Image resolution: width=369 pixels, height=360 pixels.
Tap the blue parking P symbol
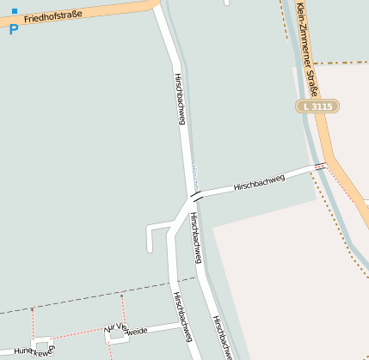pyautogui.click(x=13, y=30)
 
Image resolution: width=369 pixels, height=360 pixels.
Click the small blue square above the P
pyautogui.click(x=15, y=11)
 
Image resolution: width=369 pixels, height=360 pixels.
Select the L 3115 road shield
pyautogui.click(x=317, y=106)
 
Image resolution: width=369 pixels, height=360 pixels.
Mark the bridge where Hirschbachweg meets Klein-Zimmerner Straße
pyautogui.click(x=320, y=165)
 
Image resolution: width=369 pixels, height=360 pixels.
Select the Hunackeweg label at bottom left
pyautogui.click(x=34, y=351)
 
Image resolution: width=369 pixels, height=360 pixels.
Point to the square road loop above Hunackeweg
pyautogui.click(x=42, y=343)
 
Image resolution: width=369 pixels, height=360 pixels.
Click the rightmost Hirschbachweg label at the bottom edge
pyautogui.click(x=223, y=338)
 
